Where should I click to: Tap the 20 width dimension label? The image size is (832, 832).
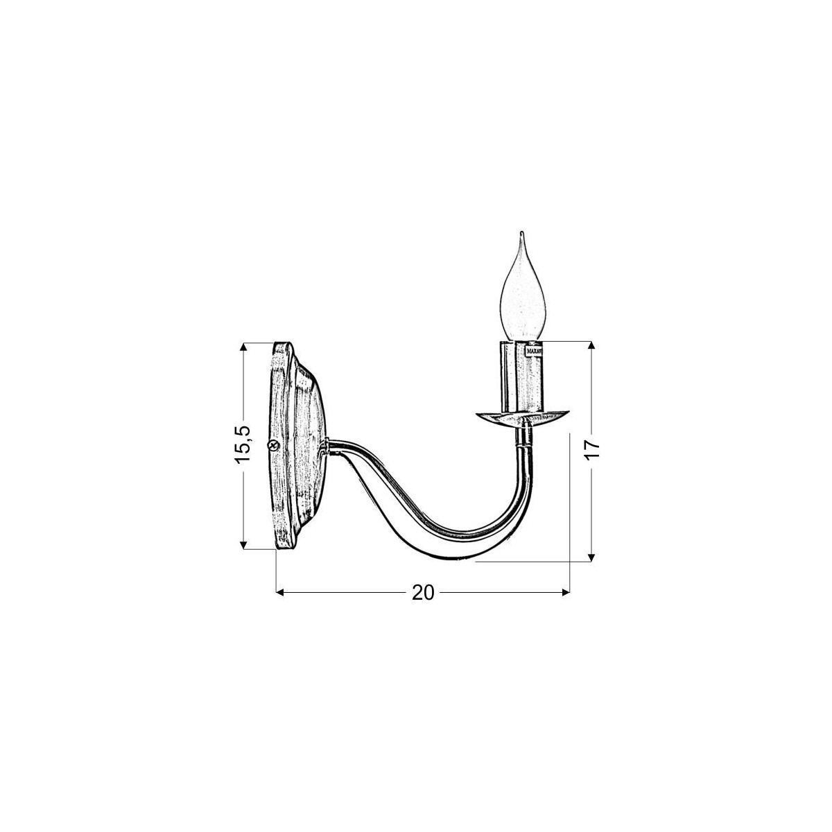click(x=422, y=593)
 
